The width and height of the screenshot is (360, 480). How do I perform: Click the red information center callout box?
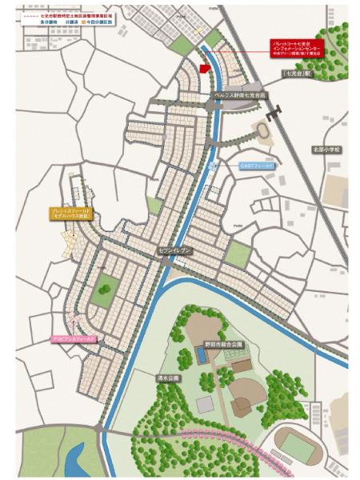coord(295,47)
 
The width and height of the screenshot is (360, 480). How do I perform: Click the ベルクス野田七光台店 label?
coord(242,94)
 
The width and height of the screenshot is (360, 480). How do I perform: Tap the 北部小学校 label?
coord(326,149)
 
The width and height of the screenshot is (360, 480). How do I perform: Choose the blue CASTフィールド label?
coord(256,165)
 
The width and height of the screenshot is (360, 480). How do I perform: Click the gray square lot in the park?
coord(205,405)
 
